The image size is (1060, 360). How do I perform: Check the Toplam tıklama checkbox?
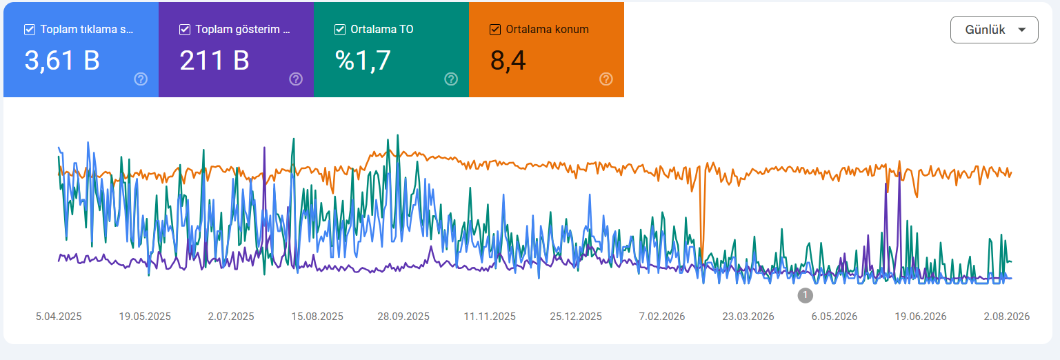[x=30, y=30]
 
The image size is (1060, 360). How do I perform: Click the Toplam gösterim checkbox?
[x=185, y=30]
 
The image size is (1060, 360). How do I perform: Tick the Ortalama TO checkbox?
[x=340, y=30]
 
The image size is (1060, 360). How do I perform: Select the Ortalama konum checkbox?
[x=495, y=30]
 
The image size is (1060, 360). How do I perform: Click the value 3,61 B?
[x=62, y=61]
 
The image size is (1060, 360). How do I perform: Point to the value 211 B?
[x=214, y=61]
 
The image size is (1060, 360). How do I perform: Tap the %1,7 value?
[x=363, y=61]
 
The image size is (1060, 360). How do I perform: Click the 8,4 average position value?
[x=508, y=61]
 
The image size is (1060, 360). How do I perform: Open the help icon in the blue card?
[x=141, y=79]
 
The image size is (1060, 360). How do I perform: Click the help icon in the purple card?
[x=296, y=79]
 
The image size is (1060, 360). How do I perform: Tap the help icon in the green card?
[x=451, y=79]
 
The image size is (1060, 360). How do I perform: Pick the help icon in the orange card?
[x=606, y=79]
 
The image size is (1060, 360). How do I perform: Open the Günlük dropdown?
[x=994, y=30]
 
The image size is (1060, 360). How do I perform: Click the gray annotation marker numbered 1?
[x=805, y=295]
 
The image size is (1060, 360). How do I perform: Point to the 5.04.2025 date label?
[x=59, y=317]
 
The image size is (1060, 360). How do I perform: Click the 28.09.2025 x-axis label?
[x=403, y=317]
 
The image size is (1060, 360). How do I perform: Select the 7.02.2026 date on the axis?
[x=661, y=317]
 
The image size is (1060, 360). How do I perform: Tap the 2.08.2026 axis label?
[x=1006, y=317]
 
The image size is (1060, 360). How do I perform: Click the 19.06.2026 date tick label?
[x=921, y=317]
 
